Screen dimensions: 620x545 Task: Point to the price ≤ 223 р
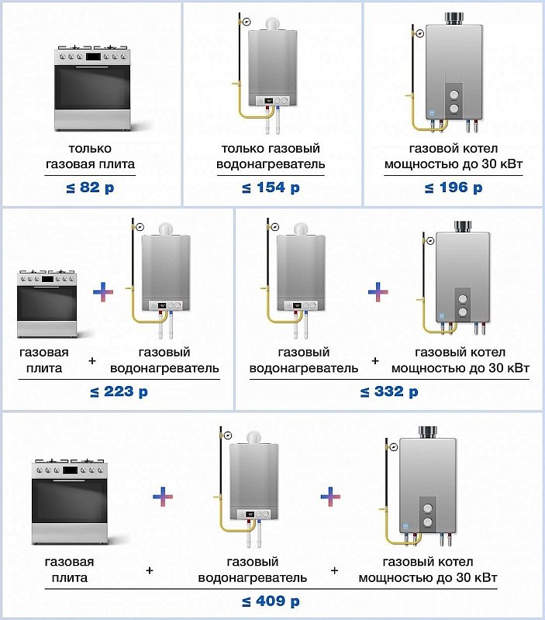pos(119,391)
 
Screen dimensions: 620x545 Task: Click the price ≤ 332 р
pos(389,391)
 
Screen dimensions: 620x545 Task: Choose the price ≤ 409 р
pos(271,601)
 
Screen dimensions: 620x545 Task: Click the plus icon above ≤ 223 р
pos(103,292)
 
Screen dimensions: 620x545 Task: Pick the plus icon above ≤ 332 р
pos(378,292)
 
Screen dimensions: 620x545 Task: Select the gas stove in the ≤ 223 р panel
pos(48,304)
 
